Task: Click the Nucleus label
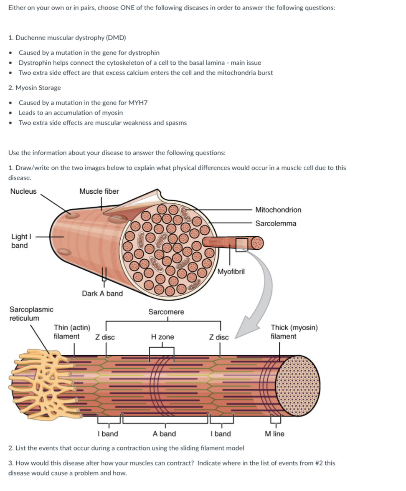pos(23,192)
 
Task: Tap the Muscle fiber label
pos(99,192)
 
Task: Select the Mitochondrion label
pos(278,210)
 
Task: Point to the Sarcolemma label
pos(276,223)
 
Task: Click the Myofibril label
pos(231,272)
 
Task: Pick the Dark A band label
pos(102,294)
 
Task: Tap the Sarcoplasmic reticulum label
pos(31,314)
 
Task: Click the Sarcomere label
pos(166,312)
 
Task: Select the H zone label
pos(162,337)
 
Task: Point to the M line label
pos(274,434)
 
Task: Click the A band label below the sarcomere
pos(164,434)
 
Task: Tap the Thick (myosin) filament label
pos(294,332)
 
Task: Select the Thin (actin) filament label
pos(72,332)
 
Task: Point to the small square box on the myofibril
pos(242,245)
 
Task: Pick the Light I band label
pos(20,241)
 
